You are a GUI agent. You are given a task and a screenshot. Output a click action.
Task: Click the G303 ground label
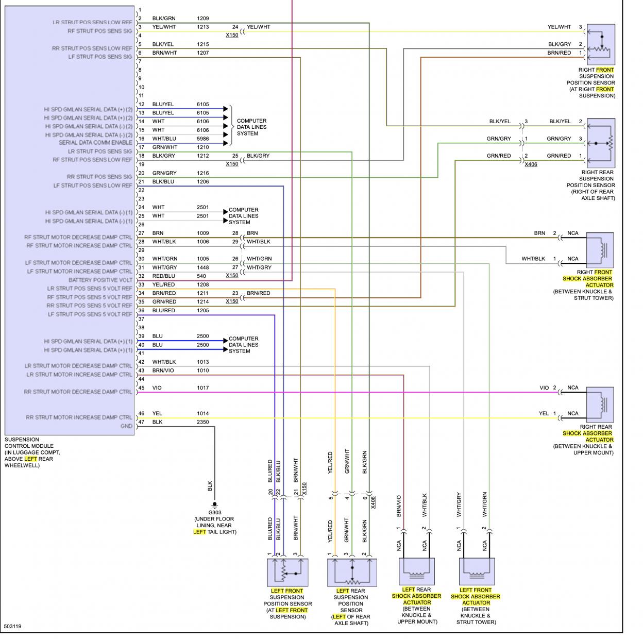coord(215,512)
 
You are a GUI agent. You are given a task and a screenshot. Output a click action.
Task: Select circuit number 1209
coord(203,19)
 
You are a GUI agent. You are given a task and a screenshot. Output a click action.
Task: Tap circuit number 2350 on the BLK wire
coord(203,422)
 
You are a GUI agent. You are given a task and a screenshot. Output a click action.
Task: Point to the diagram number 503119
coord(12,627)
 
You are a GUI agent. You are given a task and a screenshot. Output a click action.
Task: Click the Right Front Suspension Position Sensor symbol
coord(601,44)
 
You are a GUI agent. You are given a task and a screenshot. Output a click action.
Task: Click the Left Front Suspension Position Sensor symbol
coord(287,572)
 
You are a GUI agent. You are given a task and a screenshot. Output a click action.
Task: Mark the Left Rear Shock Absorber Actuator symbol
coord(417,571)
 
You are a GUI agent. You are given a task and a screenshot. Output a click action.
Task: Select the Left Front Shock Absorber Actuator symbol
coord(477,571)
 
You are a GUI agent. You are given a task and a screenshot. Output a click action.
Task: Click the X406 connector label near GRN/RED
coord(530,164)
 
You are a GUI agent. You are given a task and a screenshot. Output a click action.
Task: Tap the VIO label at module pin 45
coord(157,388)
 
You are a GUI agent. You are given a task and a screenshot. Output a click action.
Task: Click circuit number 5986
coord(203,139)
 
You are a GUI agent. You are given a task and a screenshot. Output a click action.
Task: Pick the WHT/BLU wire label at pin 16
coord(164,139)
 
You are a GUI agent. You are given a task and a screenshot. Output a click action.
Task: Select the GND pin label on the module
coord(126,426)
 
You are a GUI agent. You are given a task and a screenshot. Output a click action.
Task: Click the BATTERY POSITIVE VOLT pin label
coord(100,280)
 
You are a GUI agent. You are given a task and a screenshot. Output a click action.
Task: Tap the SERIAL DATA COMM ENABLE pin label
coord(95,143)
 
